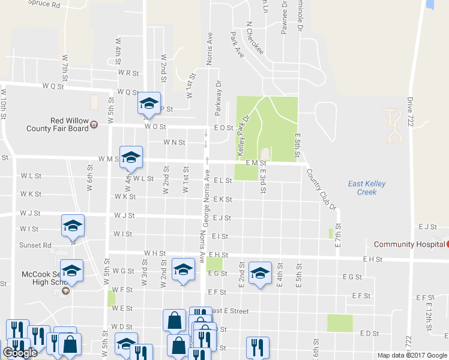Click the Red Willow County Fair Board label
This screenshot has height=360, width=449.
[57, 124]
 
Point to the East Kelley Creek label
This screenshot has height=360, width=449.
[367, 188]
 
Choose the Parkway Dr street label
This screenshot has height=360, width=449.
[218, 98]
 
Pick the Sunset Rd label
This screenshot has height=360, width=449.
[35, 245]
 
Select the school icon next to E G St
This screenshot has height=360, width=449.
[259, 273]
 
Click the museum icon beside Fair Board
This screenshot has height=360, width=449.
[94, 124]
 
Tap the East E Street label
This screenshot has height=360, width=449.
[228, 311]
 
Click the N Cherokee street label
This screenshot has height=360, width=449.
[255, 39]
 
